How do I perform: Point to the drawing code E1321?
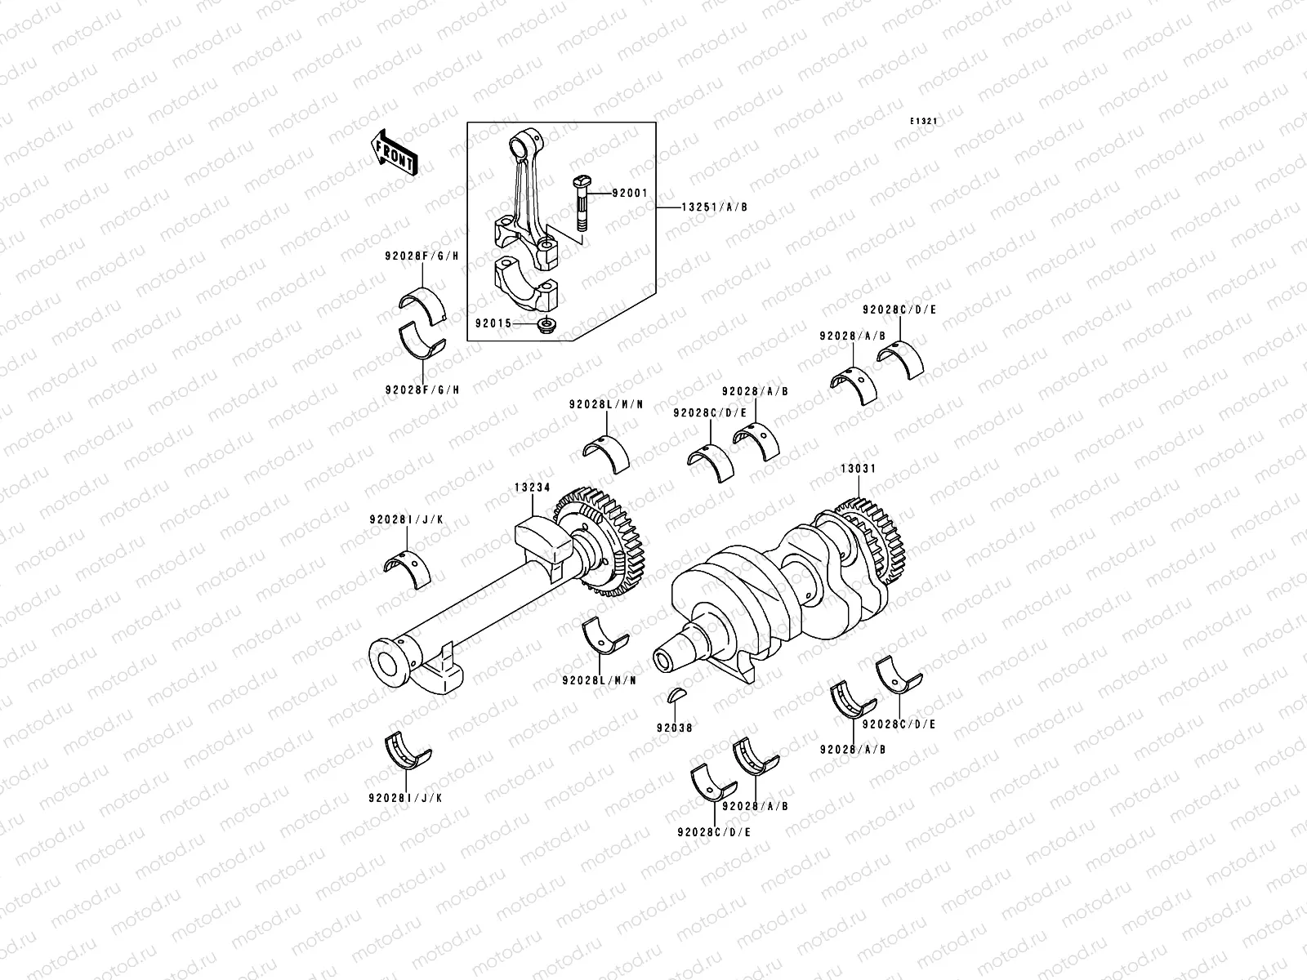click(x=924, y=121)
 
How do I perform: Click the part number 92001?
click(x=630, y=194)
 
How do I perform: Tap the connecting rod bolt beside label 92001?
click(x=580, y=204)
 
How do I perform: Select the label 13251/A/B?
click(x=714, y=207)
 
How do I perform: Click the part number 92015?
click(x=493, y=323)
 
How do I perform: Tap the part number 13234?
click(x=532, y=488)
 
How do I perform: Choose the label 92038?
click(x=673, y=727)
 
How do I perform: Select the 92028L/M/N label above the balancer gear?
click(x=606, y=405)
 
